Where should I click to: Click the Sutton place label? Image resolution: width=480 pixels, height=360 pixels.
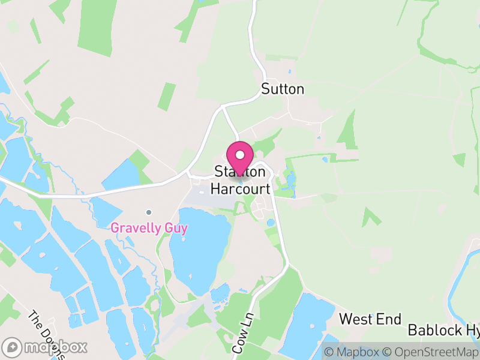(283, 89)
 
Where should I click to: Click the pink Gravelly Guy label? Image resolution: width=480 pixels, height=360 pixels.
(149, 228)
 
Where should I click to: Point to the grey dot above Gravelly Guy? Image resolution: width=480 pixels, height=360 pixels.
(149, 212)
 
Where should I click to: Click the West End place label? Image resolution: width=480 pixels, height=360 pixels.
(370, 319)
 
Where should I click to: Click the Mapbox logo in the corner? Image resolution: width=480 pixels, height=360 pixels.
(45, 347)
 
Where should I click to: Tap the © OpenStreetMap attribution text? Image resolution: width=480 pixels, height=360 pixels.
(430, 352)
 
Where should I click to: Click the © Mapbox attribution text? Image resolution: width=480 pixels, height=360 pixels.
(352, 352)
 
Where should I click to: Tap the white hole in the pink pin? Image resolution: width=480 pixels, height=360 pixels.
(240, 154)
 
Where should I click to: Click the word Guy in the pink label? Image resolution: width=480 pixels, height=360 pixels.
(177, 228)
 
